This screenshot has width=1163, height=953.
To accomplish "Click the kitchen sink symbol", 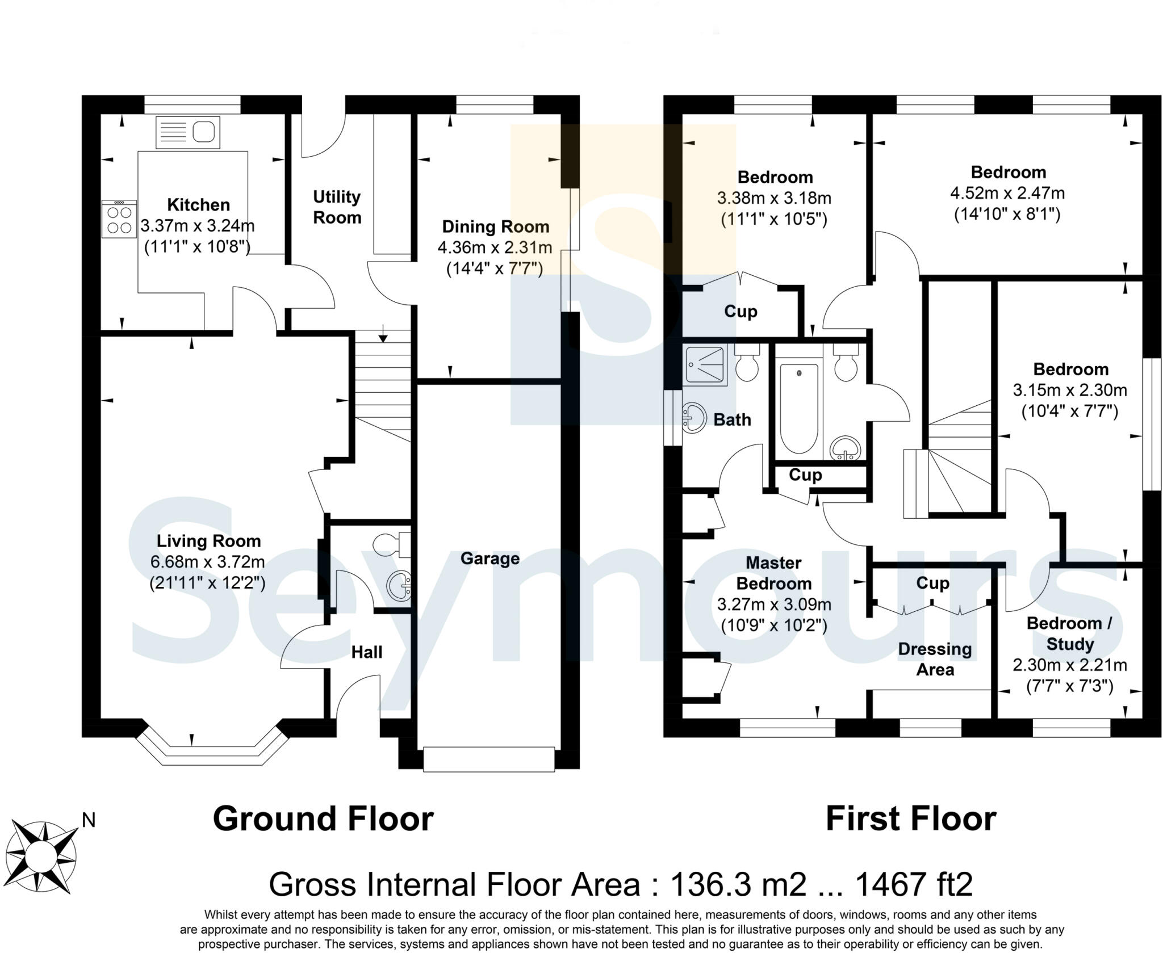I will click(187, 133).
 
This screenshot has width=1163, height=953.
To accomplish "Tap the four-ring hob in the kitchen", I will click(119, 219).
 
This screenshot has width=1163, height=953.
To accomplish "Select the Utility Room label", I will click(337, 207).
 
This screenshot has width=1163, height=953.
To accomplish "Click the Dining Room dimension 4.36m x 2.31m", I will click(495, 247).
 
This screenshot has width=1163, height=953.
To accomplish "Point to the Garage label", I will click(490, 559).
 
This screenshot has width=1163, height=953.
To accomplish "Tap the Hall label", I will click(366, 652).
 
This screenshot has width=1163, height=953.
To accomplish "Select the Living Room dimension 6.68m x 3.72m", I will click(207, 562).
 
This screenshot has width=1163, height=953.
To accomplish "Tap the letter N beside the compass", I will click(89, 820).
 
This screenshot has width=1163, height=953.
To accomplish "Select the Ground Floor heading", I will click(323, 818).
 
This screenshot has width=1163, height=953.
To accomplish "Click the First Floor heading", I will click(910, 818).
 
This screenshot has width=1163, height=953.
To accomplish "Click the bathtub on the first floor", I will click(799, 408).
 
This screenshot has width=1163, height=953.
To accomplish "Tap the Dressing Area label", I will click(935, 659).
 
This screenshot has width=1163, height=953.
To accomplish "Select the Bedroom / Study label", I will click(1069, 633).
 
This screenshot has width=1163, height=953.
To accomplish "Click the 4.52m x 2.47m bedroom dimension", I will click(1007, 193).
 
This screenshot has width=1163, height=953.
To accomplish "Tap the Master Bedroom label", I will click(773, 573).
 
